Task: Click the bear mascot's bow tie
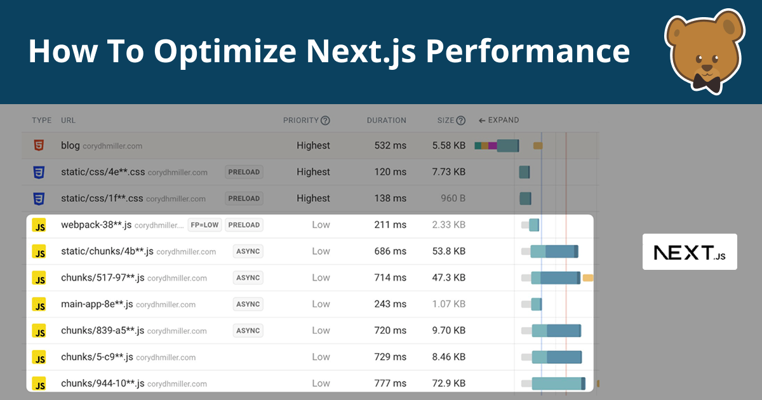(x=705, y=81)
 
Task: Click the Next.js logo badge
(x=690, y=252)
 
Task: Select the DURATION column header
(x=386, y=120)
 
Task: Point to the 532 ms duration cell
(x=390, y=145)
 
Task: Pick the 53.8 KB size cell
(x=448, y=251)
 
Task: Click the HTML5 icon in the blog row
(x=39, y=145)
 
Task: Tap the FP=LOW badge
(x=204, y=225)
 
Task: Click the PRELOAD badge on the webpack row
(x=244, y=225)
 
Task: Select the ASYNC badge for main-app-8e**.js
(x=248, y=304)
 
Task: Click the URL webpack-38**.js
(x=96, y=225)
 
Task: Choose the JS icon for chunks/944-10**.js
(x=39, y=383)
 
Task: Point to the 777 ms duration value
(x=390, y=383)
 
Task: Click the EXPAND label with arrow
(x=498, y=120)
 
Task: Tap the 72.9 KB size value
(x=448, y=383)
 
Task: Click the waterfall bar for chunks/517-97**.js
(x=556, y=277)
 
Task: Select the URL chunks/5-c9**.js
(x=97, y=357)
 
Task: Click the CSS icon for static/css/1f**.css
(x=39, y=199)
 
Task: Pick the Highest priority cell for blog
(x=313, y=145)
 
